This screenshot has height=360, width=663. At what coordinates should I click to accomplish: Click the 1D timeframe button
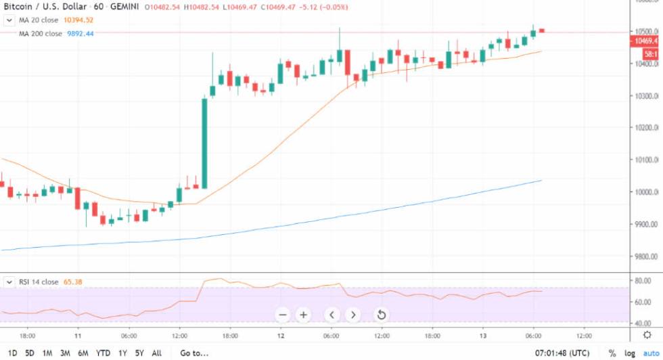click(x=13, y=353)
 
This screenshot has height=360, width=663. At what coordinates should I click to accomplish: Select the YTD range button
click(x=104, y=353)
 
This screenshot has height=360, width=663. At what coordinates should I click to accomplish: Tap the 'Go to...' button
click(x=194, y=353)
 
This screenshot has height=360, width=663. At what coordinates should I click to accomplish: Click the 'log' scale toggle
click(x=631, y=353)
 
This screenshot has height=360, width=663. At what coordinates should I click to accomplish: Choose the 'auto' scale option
click(x=651, y=353)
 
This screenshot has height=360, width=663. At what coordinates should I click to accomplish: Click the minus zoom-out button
click(x=283, y=315)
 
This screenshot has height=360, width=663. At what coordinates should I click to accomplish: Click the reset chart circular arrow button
click(x=381, y=315)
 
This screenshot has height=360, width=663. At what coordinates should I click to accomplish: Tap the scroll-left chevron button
click(x=331, y=315)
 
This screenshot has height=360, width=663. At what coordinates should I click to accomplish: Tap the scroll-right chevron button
click(x=353, y=315)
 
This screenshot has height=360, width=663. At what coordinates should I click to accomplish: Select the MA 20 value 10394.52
click(x=78, y=20)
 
